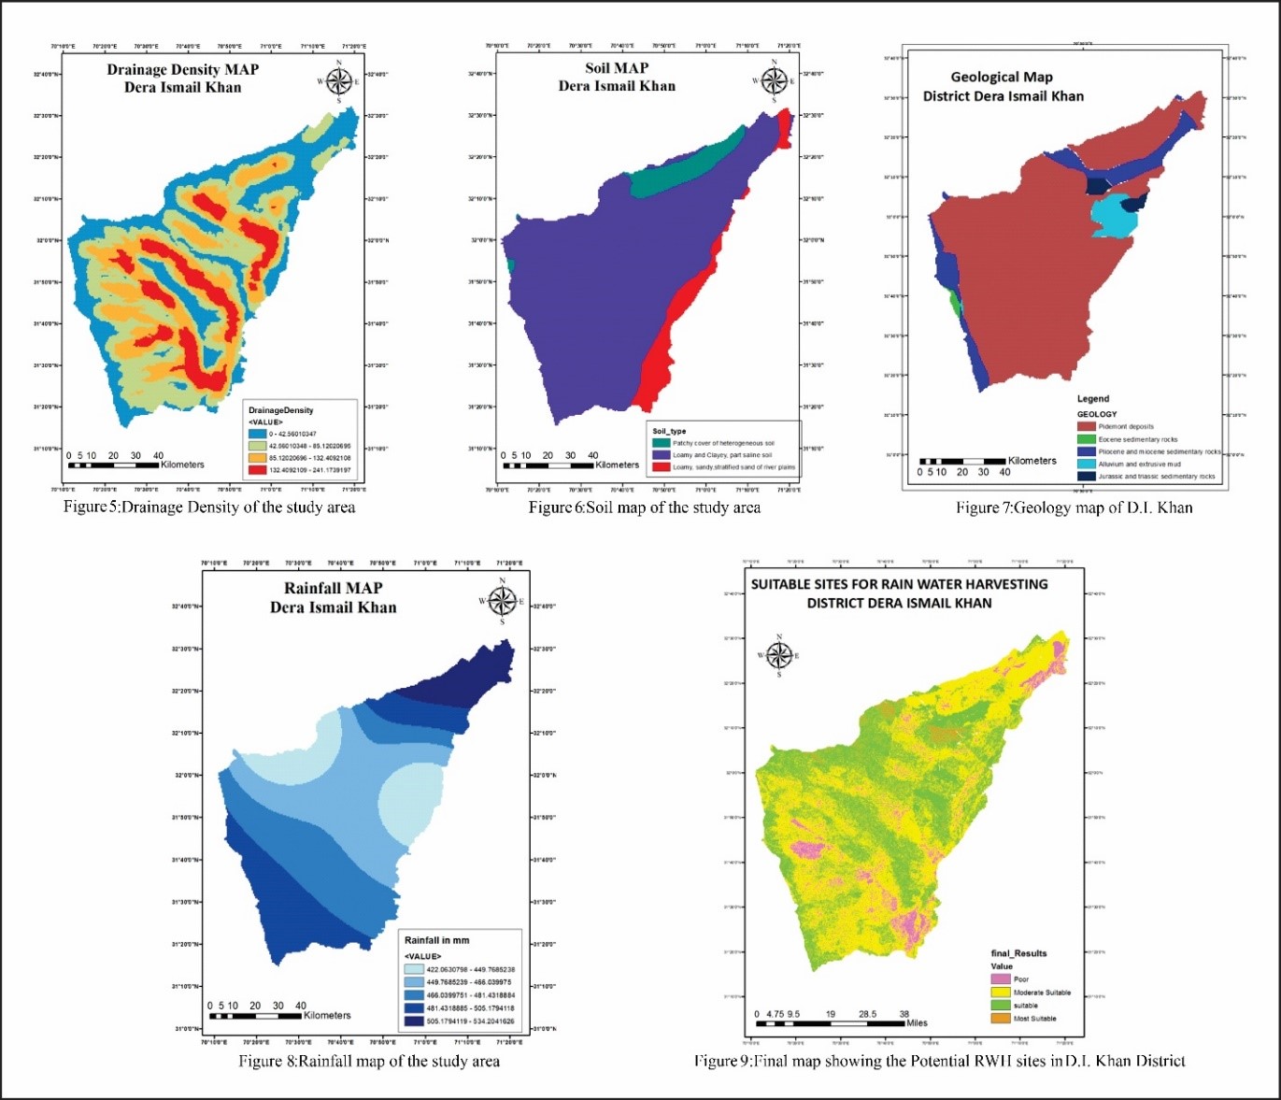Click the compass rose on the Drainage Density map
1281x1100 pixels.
click(338, 80)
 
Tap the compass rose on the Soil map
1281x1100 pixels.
click(774, 79)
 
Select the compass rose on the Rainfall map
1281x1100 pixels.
click(502, 601)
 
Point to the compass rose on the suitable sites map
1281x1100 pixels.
click(779, 654)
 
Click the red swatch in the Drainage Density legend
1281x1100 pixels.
click(257, 469)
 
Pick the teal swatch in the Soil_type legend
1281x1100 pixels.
click(662, 443)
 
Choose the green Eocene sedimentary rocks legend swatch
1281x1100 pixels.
click(1086, 438)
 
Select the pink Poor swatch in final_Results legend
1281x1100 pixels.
click(1001, 979)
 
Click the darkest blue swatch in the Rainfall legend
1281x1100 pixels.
click(414, 1021)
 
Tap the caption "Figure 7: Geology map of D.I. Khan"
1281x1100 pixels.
click(1074, 507)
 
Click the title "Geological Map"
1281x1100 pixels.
click(1001, 77)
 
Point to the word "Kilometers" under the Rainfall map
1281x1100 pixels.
click(327, 1015)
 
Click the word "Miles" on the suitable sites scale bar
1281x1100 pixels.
click(917, 1022)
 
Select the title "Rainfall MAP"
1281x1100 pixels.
click(334, 588)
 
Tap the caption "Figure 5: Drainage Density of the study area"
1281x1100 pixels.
click(209, 507)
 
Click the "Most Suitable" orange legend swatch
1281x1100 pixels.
click(1001, 1019)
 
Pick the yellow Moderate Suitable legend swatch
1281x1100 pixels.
click(1001, 993)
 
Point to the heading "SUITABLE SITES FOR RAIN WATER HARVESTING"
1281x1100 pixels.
click(899, 584)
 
